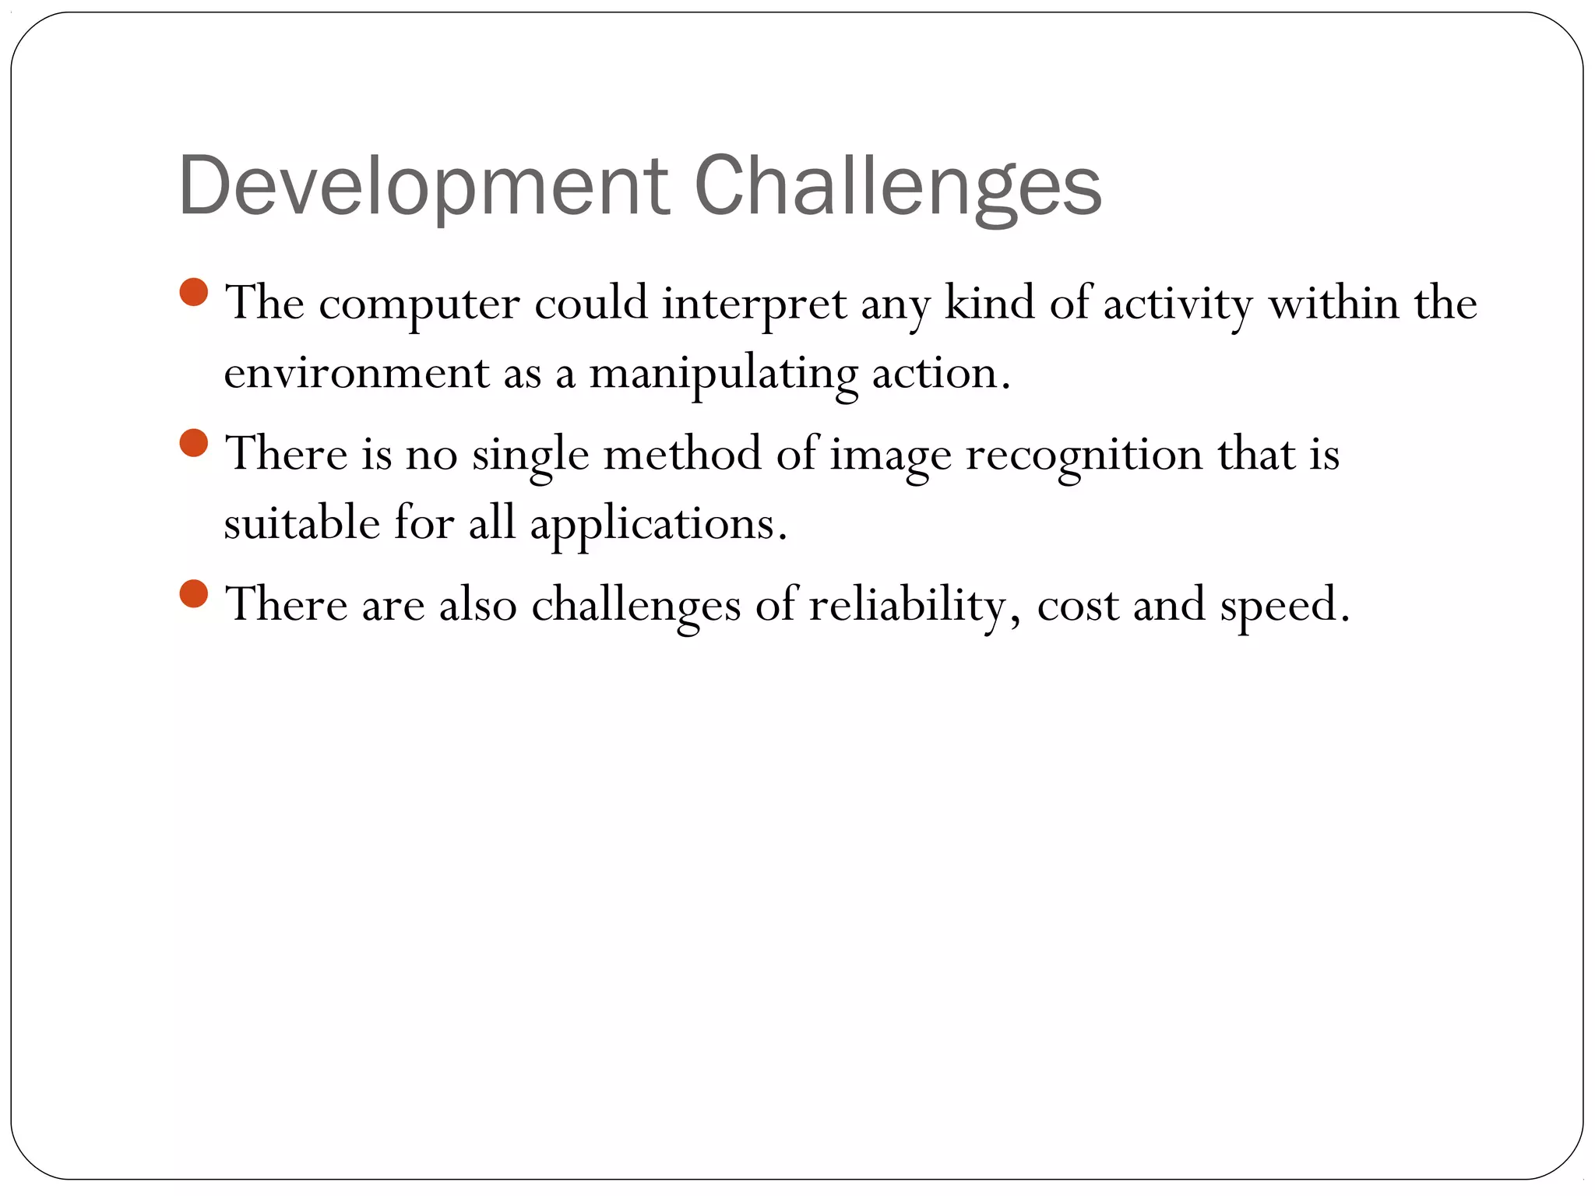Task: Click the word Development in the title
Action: [423, 187]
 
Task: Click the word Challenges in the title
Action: [897, 187]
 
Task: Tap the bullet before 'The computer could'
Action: [193, 293]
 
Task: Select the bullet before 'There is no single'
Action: [193, 443]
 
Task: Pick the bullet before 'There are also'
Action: [193, 593]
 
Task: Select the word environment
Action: [356, 374]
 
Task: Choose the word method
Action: [682, 454]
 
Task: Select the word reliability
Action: [907, 606]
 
